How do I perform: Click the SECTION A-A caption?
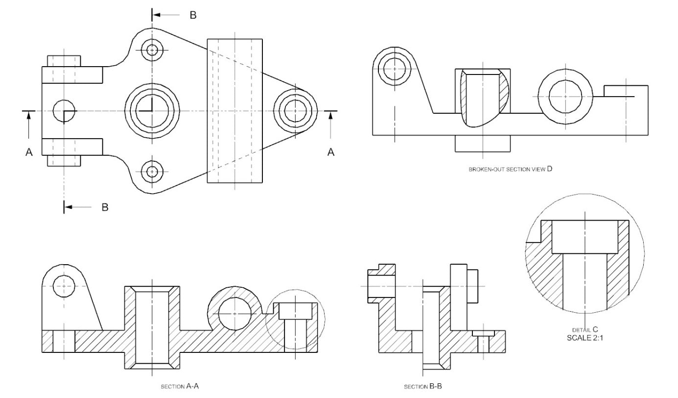click(180, 386)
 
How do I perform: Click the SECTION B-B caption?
click(423, 387)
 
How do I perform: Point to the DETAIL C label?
click(585, 330)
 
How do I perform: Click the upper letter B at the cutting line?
click(193, 15)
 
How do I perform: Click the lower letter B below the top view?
click(105, 207)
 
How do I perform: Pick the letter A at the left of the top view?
click(29, 153)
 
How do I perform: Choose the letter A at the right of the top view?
click(331, 153)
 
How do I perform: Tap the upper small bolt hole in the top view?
click(152, 50)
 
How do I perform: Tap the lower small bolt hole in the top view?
click(152, 172)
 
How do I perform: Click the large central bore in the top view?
click(152, 111)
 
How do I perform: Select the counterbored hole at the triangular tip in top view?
click(295, 108)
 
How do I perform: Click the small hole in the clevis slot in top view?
click(64, 111)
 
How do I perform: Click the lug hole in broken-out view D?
click(395, 69)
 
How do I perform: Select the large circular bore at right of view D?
click(565, 97)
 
